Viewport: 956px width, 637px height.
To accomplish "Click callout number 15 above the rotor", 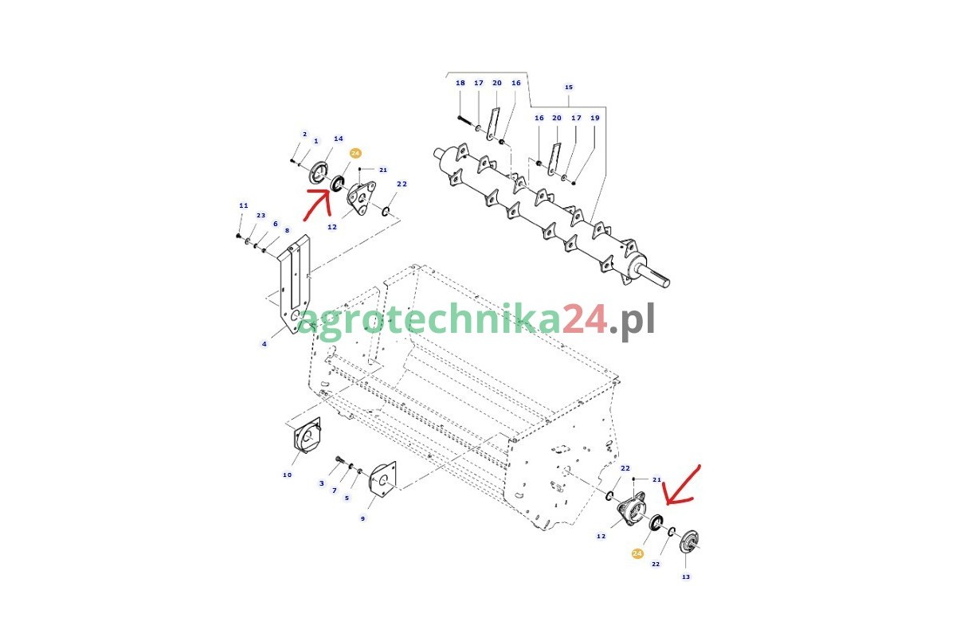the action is (569, 87).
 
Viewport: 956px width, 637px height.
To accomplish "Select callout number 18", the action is (460, 83).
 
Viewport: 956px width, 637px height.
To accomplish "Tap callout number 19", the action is (595, 118).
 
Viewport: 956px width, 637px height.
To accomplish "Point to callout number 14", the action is (339, 139).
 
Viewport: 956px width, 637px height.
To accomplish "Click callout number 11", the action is (243, 205).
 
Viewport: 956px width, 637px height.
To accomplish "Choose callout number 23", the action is (261, 216).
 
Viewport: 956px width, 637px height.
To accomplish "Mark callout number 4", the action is (264, 344).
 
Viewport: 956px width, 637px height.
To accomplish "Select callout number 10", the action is (288, 475).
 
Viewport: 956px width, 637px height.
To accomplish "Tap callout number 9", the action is (362, 519).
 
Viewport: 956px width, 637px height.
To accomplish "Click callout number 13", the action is (686, 576).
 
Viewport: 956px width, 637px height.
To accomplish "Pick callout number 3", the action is (321, 483).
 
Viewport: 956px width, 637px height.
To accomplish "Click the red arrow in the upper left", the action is (318, 205).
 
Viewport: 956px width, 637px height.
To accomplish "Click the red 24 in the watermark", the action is (584, 318).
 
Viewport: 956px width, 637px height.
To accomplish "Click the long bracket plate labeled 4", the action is (294, 284).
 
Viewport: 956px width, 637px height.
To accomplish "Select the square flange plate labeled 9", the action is (382, 479).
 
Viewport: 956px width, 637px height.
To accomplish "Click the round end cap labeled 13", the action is (689, 542).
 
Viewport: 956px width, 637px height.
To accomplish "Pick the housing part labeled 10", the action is (307, 436).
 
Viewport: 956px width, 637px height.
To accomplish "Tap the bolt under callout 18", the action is (466, 120).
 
